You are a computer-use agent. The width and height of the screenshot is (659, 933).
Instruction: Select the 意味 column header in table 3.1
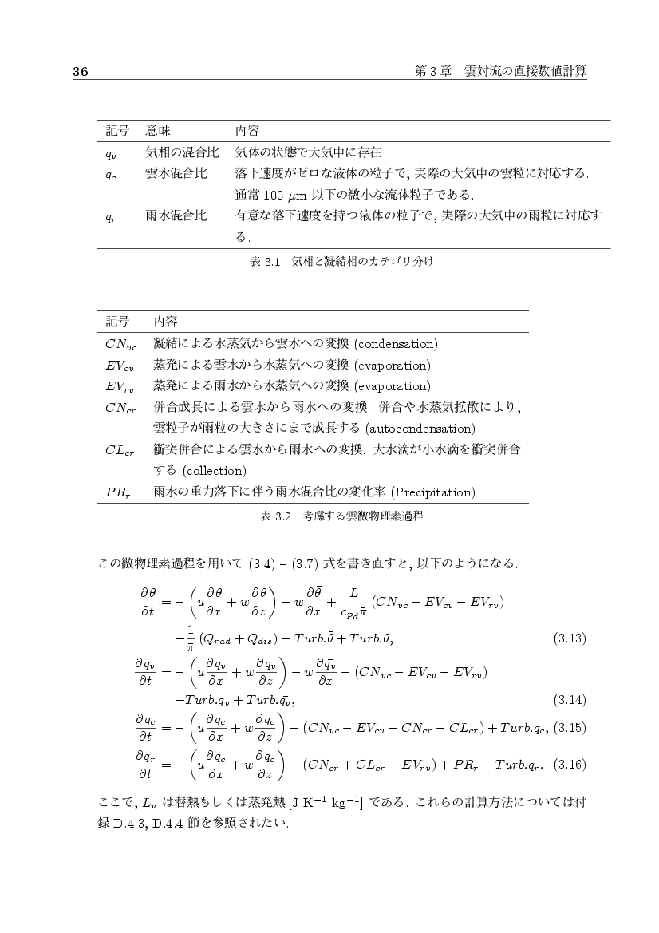[x=158, y=130]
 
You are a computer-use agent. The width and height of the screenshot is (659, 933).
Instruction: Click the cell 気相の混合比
[x=176, y=152]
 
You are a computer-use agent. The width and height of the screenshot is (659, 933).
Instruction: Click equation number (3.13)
[x=570, y=638]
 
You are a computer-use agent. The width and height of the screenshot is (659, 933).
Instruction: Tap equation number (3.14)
[x=570, y=700]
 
